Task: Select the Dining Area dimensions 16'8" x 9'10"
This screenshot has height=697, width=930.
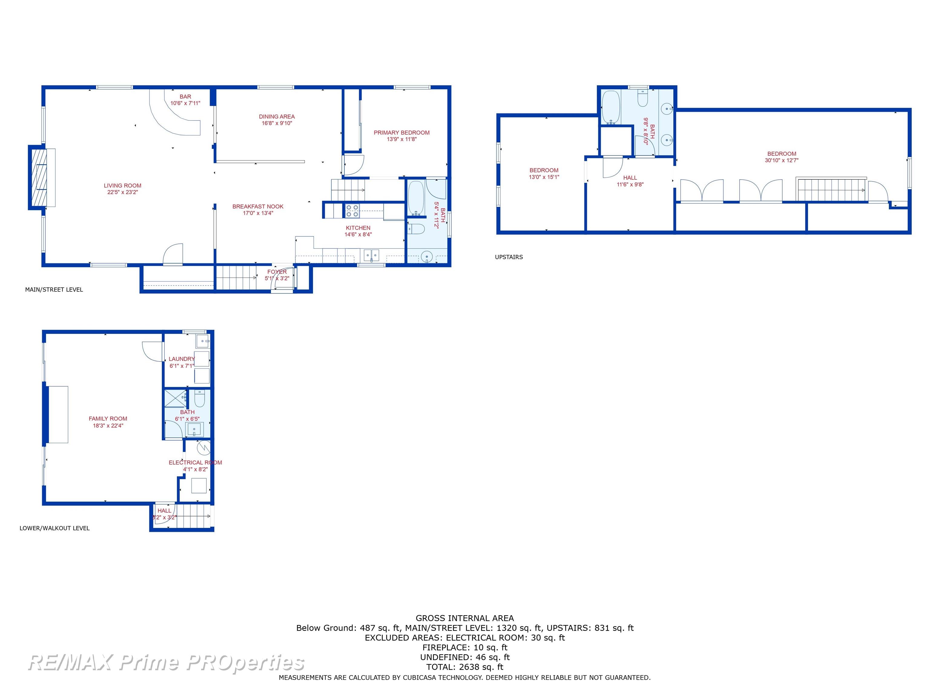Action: [277, 123]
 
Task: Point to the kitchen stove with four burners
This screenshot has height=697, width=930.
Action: [352, 211]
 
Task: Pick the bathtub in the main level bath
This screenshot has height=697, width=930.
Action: [416, 199]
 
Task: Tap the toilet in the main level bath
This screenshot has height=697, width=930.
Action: [416, 229]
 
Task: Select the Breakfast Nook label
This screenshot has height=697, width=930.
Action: [258, 207]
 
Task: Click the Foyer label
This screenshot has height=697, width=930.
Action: [277, 272]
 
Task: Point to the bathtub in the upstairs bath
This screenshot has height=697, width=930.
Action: [611, 107]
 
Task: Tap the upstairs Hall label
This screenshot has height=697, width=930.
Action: [630, 178]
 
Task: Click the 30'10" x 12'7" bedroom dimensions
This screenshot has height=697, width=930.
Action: [782, 160]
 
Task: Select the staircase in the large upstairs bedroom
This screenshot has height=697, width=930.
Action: [831, 190]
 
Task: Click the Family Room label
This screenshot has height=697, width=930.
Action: [108, 418]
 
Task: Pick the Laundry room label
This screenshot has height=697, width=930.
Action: [182, 359]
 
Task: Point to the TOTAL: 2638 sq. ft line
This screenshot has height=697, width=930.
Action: [465, 667]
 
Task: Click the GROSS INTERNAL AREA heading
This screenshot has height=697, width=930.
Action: [465, 618]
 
